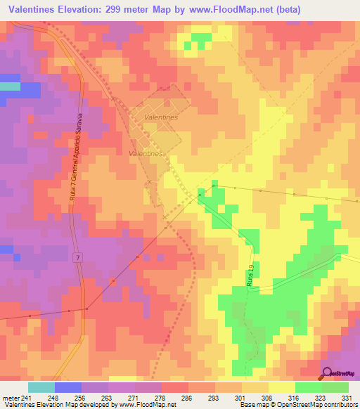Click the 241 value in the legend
[x=27, y=397]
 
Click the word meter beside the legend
[x=10, y=397]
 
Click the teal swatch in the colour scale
[x=41, y=387]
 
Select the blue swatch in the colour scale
[x=68, y=387]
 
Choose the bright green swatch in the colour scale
[x=309, y=387]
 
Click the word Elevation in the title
[x=86, y=8]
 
